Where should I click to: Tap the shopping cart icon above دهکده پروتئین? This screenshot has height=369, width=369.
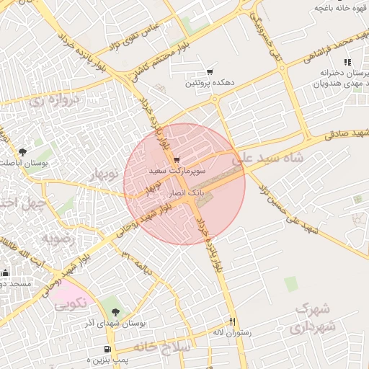coord(210,71)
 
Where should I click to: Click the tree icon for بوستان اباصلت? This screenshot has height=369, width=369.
coord(22,152)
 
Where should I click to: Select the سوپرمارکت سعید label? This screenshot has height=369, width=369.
coord(177,172)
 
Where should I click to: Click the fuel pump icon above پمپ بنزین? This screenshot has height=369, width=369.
coord(107,349)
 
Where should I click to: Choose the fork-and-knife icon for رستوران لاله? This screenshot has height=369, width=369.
coord(232,321)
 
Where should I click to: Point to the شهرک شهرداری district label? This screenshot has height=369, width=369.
coord(313,318)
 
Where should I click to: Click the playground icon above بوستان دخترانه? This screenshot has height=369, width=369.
coord(347,63)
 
